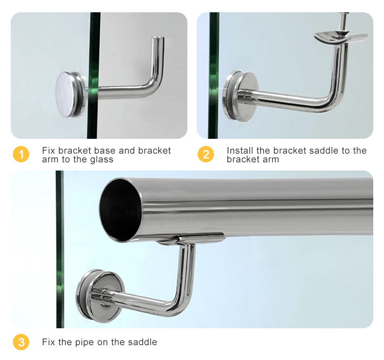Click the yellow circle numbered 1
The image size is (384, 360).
(x=21, y=154)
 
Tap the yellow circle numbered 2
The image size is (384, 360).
(x=206, y=154)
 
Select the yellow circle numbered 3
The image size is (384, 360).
(x=21, y=342)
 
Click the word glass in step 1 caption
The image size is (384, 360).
(x=102, y=160)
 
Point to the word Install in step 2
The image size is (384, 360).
(x=240, y=151)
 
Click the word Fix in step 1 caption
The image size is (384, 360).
(x=49, y=151)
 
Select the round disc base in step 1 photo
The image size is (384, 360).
(x=70, y=95)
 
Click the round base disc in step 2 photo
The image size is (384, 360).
(x=241, y=96)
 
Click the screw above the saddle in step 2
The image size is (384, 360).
(x=343, y=22)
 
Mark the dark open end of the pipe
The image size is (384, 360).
(x=120, y=210)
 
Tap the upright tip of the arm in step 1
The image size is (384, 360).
(x=158, y=39)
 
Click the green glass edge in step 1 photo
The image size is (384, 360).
(x=93, y=75)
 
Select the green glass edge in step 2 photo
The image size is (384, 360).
(x=214, y=75)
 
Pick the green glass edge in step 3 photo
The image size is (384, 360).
(x=60, y=249)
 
